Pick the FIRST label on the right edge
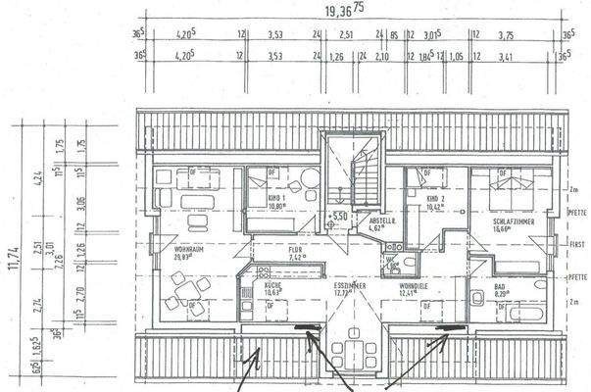click(577, 244)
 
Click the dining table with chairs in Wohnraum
click(185, 288)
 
